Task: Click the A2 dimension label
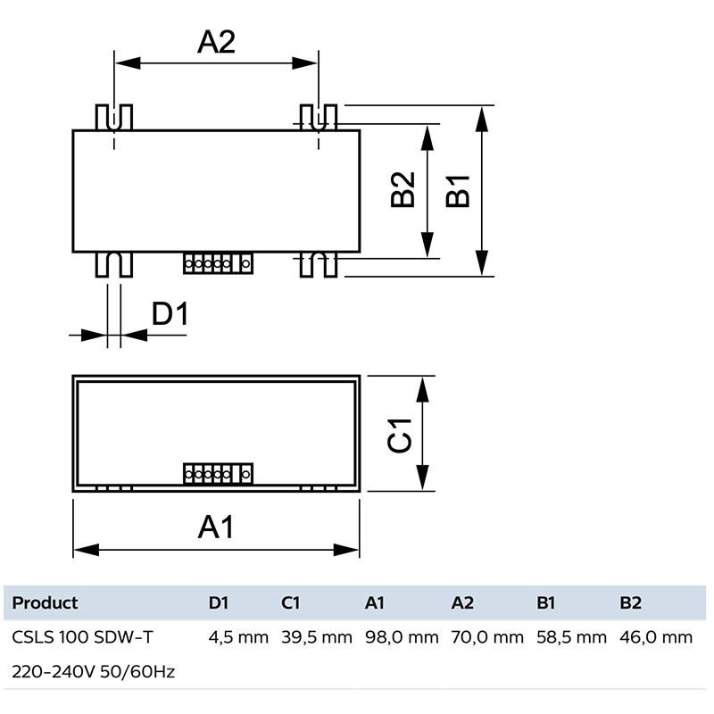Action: point(216,41)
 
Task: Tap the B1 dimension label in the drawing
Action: point(458,190)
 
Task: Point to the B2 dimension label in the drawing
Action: point(404,190)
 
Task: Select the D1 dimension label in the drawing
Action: point(169,314)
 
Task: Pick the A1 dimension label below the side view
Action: point(215,527)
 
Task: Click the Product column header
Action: point(45,602)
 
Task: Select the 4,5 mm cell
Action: point(238,637)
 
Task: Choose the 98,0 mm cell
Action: point(402,637)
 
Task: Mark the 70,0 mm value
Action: point(487,637)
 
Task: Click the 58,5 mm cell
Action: point(571,637)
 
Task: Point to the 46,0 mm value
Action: point(656,637)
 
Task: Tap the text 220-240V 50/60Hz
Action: point(93,671)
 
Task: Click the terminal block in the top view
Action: point(218,263)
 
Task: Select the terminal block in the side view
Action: point(218,474)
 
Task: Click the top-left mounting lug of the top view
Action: point(113,117)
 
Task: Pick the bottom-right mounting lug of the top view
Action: point(319,264)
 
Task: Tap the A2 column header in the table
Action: point(462,602)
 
